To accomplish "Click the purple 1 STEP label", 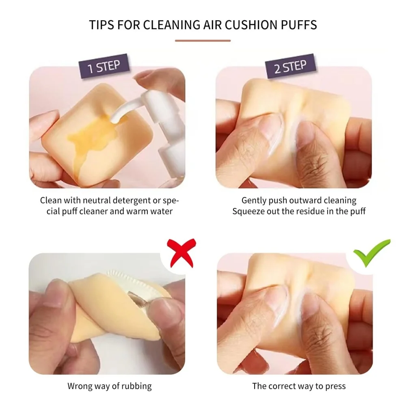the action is [104, 66].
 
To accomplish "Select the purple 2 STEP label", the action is [291, 66].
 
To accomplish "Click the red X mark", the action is [181, 253].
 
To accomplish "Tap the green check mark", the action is [372, 253].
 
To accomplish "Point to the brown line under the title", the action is [203, 41].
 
